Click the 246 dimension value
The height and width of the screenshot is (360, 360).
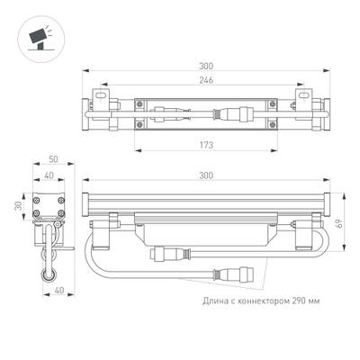207,80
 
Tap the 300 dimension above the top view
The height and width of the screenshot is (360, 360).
207,66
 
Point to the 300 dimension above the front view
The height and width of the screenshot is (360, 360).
207,178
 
